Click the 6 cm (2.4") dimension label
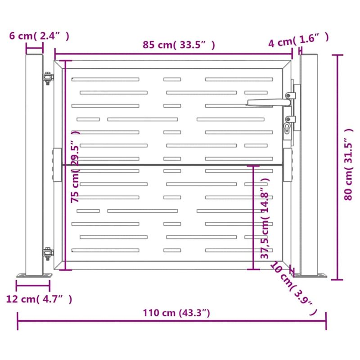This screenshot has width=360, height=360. point(39,36)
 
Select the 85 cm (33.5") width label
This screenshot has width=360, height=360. point(179,45)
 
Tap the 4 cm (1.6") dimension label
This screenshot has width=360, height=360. point(298,40)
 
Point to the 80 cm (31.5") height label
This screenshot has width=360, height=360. point(348,164)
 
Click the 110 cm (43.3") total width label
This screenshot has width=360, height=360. point(176,313)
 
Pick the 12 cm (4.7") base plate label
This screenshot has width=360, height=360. point(39,299)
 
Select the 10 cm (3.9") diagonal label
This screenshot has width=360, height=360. point(294,288)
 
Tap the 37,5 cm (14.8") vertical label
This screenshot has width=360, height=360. point(265,218)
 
